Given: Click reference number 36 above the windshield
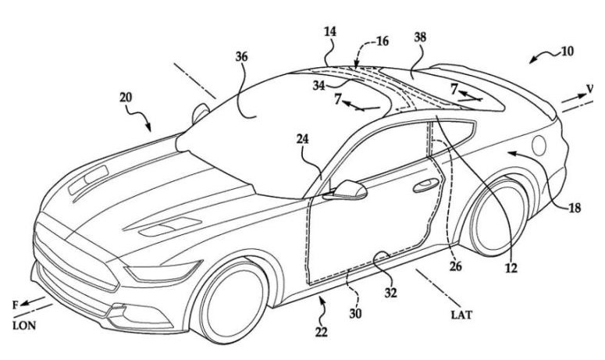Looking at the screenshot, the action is [x=241, y=57].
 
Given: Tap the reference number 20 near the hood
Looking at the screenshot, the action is [x=126, y=98].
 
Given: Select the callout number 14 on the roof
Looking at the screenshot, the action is [x=330, y=32].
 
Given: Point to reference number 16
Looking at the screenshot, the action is [x=382, y=41].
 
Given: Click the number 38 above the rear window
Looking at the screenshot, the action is [x=420, y=37].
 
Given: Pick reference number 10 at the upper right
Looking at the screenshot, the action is [x=568, y=51].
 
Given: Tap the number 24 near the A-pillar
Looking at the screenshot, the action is [x=303, y=139].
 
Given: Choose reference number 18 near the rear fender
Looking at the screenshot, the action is [x=575, y=208].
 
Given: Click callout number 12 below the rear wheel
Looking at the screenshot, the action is [x=511, y=268].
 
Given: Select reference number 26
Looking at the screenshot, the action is [x=456, y=266].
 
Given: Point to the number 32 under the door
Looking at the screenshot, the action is [x=390, y=293].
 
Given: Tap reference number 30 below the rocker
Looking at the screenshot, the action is [x=355, y=314].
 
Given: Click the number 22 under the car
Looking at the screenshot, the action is [x=321, y=331].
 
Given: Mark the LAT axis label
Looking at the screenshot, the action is [x=461, y=315].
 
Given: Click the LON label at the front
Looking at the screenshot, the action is [x=24, y=326].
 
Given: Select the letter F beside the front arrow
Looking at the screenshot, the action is [x=16, y=305].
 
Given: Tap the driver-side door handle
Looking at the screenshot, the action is [x=425, y=185].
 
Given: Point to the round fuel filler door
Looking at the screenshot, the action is [x=539, y=146].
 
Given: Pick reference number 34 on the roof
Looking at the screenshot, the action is [x=319, y=85].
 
